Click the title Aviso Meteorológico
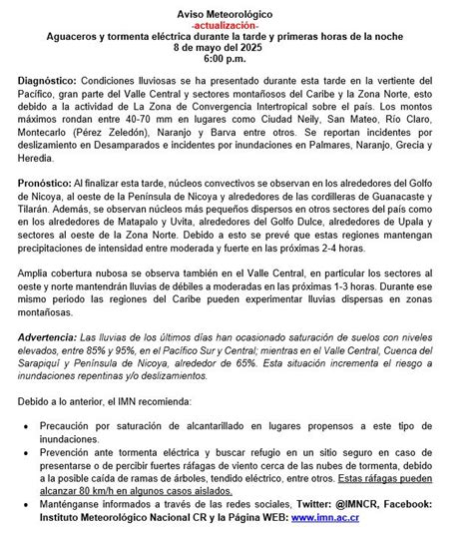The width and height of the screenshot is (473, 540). point(236,8)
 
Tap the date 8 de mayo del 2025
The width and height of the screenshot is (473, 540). point(236,46)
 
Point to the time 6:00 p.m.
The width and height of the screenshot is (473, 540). point(236,60)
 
